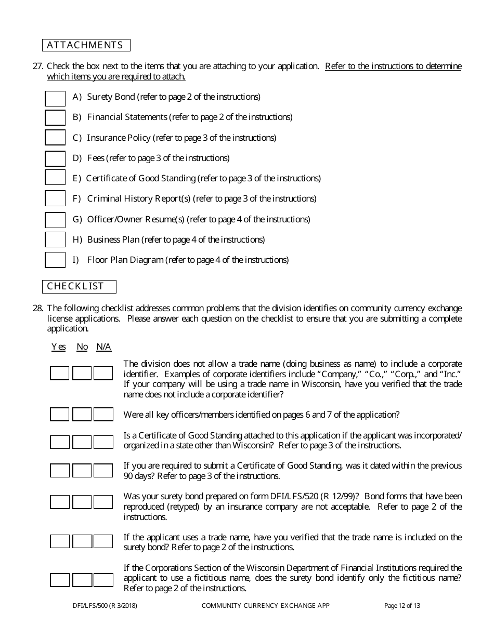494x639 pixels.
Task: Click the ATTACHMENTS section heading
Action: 85,45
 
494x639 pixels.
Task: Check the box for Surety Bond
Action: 55,98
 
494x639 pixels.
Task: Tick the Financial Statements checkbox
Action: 55,118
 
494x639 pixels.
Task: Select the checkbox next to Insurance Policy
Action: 55,138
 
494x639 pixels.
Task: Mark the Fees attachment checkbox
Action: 55,158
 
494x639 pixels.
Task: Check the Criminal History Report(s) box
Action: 55,199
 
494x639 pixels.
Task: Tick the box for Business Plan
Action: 55,240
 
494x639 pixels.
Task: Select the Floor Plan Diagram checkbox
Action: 55,260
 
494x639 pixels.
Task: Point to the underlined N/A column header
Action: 103,347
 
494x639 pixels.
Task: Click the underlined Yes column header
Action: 59,347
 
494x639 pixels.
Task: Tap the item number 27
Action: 38,66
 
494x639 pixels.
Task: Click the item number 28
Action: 38,308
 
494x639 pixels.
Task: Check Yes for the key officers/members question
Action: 59,415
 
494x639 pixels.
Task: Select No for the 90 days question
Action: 82,471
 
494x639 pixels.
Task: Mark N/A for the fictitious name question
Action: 103,580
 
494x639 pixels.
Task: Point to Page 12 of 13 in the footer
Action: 402,605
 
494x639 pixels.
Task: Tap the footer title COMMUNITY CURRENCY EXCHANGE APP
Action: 266,605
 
